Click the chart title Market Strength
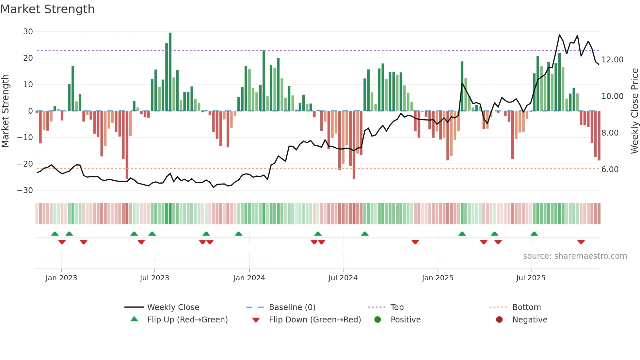point(47,9)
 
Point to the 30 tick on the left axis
point(28,32)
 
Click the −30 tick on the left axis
point(25,190)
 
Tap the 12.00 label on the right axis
point(612,60)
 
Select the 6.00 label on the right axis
point(610,170)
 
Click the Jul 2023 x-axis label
point(154,278)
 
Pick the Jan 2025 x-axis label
point(438,278)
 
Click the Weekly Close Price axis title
point(634,111)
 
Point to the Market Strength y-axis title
point(6,111)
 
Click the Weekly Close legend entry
point(173,307)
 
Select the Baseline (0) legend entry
point(292,307)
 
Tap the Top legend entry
point(397,307)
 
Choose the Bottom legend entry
point(526,307)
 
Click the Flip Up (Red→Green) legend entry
point(187,320)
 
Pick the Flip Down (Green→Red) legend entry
point(315,320)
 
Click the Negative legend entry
point(529,320)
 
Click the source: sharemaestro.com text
point(575,256)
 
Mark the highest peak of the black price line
point(559,35)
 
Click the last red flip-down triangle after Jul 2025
point(581,242)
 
